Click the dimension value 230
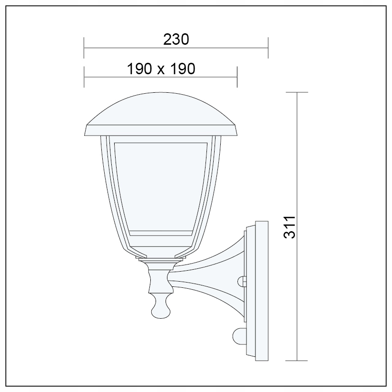tap(176, 39)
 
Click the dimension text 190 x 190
tap(161, 69)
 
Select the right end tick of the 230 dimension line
tap(268, 48)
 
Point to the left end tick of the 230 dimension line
tap(84, 48)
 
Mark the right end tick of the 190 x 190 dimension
tap(237, 77)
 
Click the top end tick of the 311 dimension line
tap(298, 92)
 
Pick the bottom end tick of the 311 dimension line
tap(298, 361)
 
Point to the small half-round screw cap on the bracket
tap(242, 280)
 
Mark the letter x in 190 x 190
tap(161, 70)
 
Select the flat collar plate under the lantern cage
tap(161, 260)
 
